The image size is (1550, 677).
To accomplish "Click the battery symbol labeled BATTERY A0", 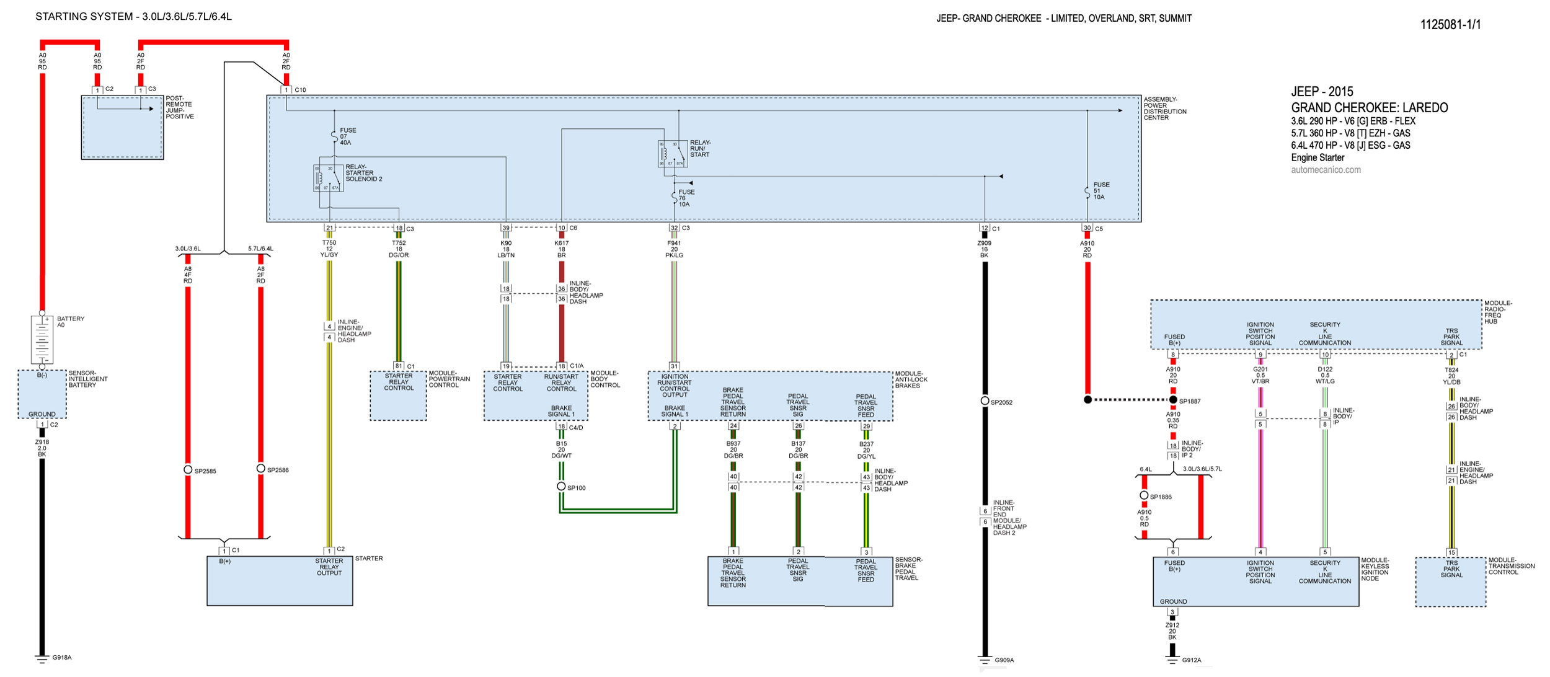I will coord(42,339).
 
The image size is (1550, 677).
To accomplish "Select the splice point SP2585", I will coord(188,469).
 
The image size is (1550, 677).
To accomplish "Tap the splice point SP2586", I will coord(260,468).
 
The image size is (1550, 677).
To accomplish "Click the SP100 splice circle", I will coord(561,486).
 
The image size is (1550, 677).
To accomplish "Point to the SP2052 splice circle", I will coord(985,400).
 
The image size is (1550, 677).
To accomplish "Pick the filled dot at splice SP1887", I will coord(1173,400).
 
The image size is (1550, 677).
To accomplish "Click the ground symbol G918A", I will coord(42,658).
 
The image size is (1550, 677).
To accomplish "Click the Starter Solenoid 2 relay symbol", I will coord(328,178).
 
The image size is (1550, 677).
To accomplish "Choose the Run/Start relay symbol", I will coord(673,154).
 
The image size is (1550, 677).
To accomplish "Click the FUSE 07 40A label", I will coord(347,136).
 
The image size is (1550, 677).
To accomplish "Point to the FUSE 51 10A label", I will coord(1101,191).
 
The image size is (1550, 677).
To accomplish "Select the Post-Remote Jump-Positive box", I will coord(122,127).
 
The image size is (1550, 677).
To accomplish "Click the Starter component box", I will coord(280,580).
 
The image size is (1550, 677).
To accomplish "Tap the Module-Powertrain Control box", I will coord(398,396).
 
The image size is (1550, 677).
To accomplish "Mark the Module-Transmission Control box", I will coord(1450,582).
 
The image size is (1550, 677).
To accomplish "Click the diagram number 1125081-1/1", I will coord(1450,25).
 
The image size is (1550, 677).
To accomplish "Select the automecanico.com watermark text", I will coord(1326,170).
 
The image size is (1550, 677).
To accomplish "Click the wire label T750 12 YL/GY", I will coord(329,249).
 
